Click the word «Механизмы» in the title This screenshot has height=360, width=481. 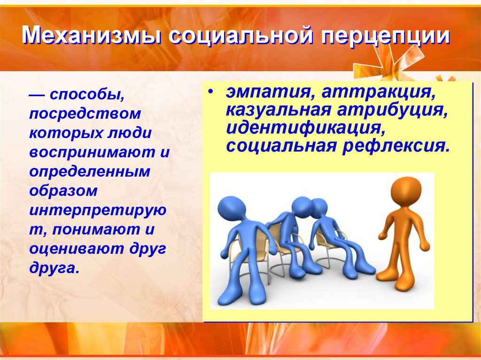[92, 36]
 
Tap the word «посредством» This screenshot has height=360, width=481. [85, 113]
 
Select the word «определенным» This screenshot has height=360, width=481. [90, 171]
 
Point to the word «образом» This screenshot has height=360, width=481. [63, 191]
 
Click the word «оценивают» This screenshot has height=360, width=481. [77, 249]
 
